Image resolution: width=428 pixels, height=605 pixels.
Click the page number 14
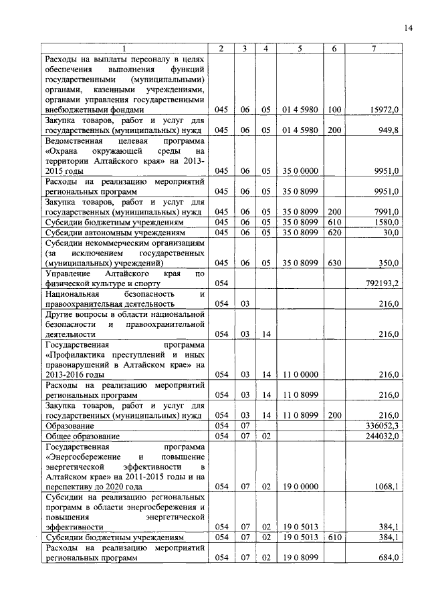(409, 27)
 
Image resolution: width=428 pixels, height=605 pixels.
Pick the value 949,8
(388, 130)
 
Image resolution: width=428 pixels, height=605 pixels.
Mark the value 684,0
(388, 557)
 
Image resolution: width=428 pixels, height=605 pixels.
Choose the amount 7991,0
(387, 212)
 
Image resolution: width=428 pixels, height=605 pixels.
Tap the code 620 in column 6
(334, 232)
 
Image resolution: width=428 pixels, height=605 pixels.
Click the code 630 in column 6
(334, 263)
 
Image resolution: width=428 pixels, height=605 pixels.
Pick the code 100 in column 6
(334, 109)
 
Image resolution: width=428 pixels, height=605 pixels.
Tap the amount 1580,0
(387, 222)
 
